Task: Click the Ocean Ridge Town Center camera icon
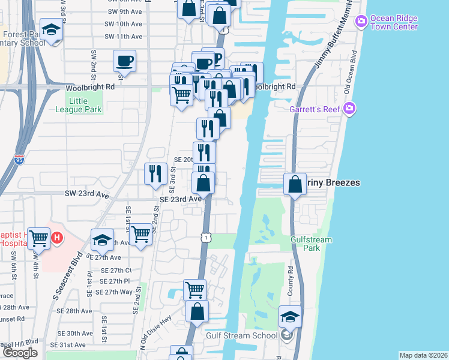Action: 361,22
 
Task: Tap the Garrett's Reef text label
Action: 315,109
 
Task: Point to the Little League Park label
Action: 86,105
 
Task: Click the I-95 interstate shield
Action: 18,160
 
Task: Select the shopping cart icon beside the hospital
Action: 39,238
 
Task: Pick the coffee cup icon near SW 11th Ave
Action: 124,61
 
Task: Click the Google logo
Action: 20,353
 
